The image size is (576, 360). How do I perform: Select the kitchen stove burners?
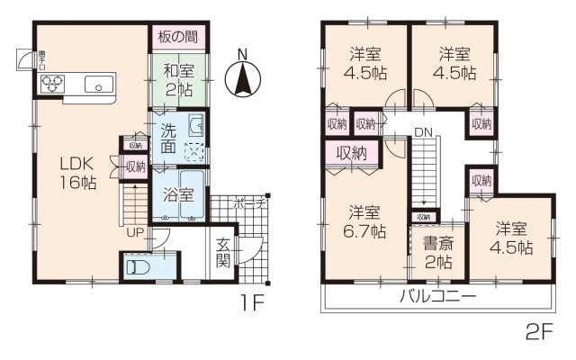click(51, 85)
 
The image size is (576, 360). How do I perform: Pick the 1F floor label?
click(251, 303)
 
